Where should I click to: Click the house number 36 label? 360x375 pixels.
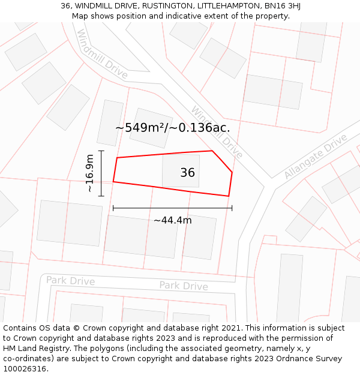pyautogui.click(x=187, y=173)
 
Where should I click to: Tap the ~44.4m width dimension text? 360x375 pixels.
pyautogui.click(x=172, y=220)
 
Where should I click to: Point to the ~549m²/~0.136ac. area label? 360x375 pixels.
pyautogui.click(x=172, y=128)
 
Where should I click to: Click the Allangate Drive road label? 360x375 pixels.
pyautogui.click(x=316, y=157)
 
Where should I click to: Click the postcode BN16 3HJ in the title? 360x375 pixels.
pyautogui.click(x=281, y=6)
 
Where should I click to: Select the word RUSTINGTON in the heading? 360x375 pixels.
pyautogui.click(x=164, y=6)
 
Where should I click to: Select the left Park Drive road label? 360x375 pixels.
pyautogui.click(x=70, y=281)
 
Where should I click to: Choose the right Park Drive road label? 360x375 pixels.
pyautogui.click(x=183, y=286)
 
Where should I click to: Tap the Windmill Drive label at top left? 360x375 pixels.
pyautogui.click(x=103, y=55)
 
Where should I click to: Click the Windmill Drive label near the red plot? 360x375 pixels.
pyautogui.click(x=217, y=133)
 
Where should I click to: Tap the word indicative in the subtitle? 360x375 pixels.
pyautogui.click(x=178, y=16)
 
